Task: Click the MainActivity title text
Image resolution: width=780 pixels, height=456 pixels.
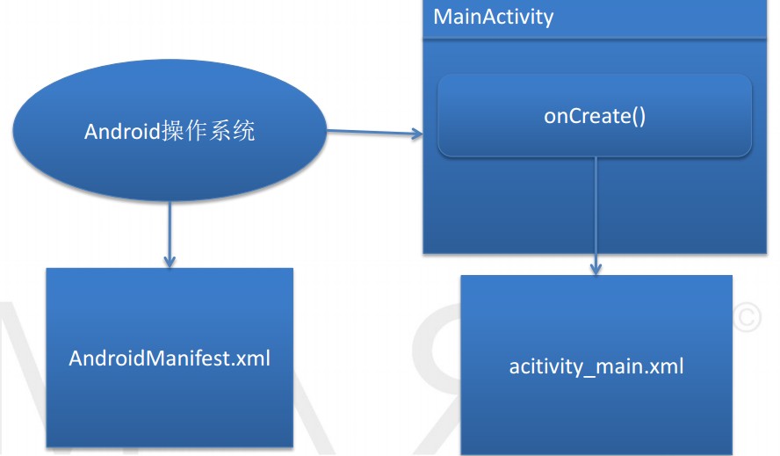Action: pyautogui.click(x=494, y=17)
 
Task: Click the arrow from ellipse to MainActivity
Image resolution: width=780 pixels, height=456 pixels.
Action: pyautogui.click(x=373, y=134)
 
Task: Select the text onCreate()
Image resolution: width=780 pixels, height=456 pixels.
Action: pyautogui.click(x=595, y=116)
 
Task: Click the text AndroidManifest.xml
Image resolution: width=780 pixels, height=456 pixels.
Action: pyautogui.click(x=170, y=359)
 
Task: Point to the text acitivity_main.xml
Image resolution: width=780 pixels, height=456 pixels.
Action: pyautogui.click(x=596, y=366)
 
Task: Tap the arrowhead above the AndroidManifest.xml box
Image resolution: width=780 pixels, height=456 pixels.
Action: pyautogui.click(x=170, y=261)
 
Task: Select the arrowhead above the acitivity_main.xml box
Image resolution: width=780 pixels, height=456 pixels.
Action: pyautogui.click(x=596, y=268)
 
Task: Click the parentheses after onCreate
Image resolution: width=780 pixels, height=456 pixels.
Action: pyautogui.click(x=637, y=116)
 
